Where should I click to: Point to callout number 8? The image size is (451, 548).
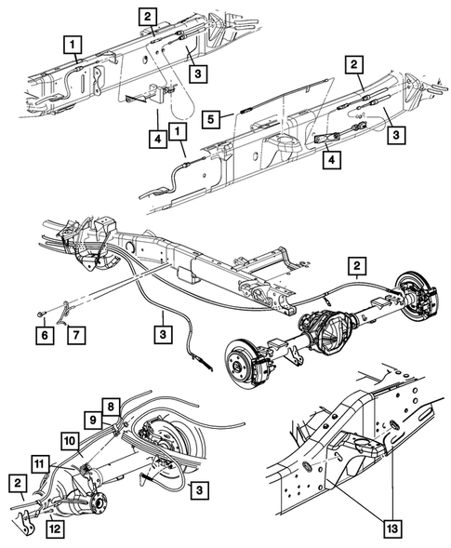tap(110, 406)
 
